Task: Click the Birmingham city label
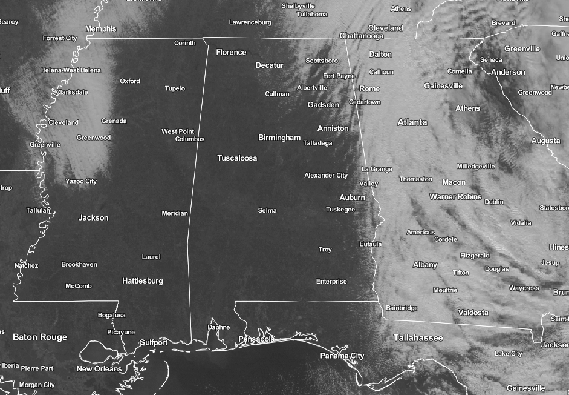pyautogui.click(x=279, y=138)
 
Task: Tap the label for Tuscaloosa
pyautogui.click(x=237, y=158)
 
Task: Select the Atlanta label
pyautogui.click(x=412, y=122)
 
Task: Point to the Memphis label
pyautogui.click(x=100, y=28)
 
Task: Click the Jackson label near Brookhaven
pyautogui.click(x=93, y=217)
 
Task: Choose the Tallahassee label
pyautogui.click(x=418, y=337)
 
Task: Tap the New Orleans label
pyautogui.click(x=99, y=369)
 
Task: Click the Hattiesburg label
pyautogui.click(x=142, y=281)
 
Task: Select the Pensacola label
pyautogui.click(x=257, y=339)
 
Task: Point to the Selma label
pyautogui.click(x=267, y=211)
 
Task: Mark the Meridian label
pyautogui.click(x=175, y=213)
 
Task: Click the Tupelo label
pyautogui.click(x=175, y=88)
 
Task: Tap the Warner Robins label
pyautogui.click(x=455, y=197)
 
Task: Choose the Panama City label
pyautogui.click(x=342, y=356)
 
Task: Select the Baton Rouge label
pyautogui.click(x=40, y=337)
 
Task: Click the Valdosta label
pyautogui.click(x=473, y=313)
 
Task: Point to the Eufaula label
pyautogui.click(x=370, y=244)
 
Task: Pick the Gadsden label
pyautogui.click(x=324, y=105)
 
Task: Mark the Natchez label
pyautogui.click(x=26, y=265)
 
